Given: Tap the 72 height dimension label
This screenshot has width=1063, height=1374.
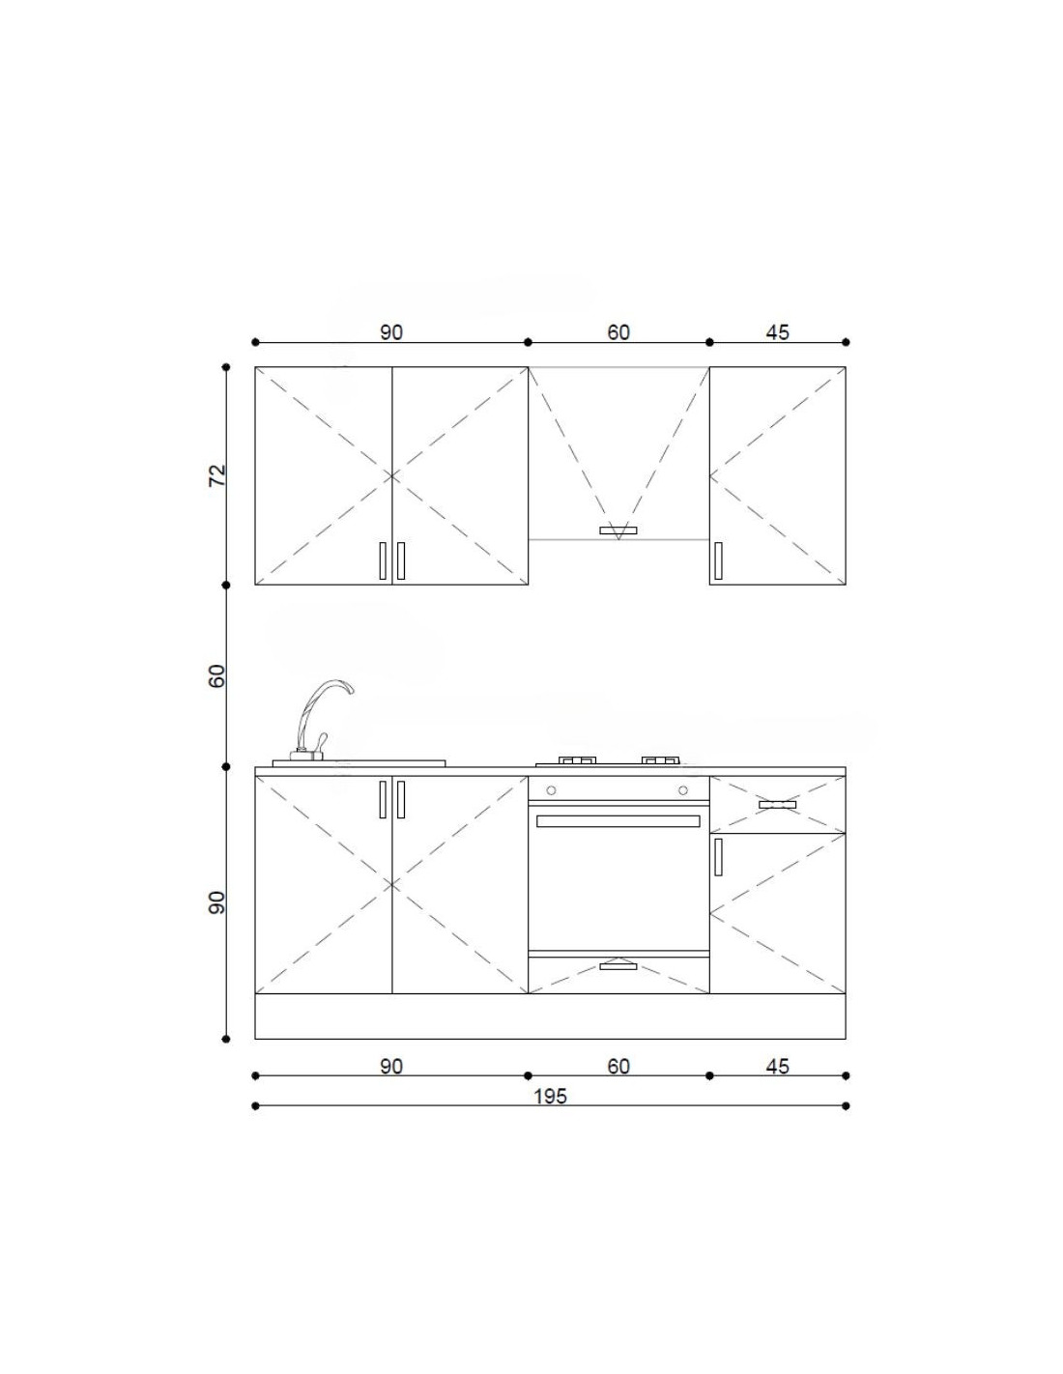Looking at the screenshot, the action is click(216, 475).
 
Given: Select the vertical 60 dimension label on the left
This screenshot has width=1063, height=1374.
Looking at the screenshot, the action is click(216, 675).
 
